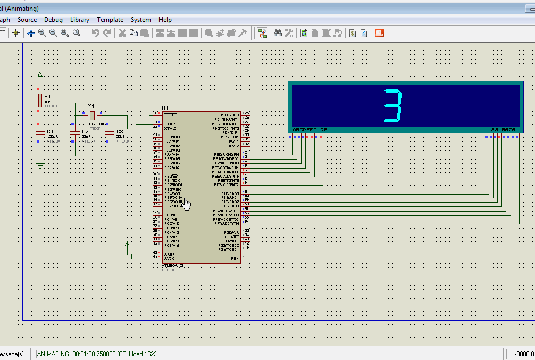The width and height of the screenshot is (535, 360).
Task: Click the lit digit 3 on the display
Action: [392, 106]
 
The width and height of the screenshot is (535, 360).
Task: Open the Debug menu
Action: [53, 20]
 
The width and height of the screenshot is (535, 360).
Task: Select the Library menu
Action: [80, 20]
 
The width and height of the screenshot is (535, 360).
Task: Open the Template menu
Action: [110, 20]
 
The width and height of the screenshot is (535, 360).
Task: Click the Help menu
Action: [165, 20]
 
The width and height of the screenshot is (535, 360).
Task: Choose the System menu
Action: [141, 20]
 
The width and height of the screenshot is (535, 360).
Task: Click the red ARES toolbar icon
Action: [380, 33]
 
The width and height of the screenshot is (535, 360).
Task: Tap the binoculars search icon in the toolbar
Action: [278, 33]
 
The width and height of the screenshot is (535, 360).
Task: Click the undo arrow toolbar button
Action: [95, 33]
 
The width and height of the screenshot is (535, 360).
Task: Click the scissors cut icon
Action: [122, 33]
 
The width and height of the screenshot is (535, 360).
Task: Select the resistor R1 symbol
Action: [40, 100]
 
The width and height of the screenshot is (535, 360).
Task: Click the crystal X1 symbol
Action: [92, 115]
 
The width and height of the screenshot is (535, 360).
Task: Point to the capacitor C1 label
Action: [50, 131]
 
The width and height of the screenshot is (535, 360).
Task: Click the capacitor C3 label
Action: [120, 131]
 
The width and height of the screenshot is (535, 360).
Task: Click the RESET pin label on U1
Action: [170, 115]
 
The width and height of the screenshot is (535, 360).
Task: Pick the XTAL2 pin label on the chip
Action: [170, 128]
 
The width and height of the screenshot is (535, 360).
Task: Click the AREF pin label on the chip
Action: [169, 254]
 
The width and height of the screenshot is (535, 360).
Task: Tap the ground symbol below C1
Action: [40, 165]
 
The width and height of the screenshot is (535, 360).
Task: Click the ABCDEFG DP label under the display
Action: [310, 130]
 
